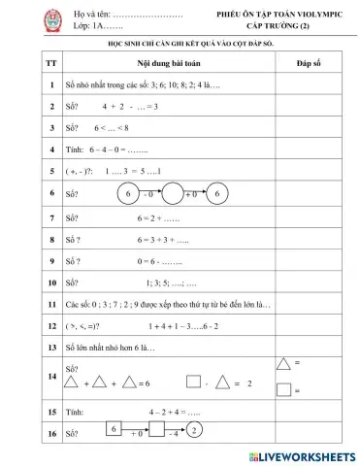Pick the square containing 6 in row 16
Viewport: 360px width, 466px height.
pyautogui.click(x=114, y=429)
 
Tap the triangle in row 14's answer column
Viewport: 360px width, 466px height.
pyautogui.click(x=283, y=364)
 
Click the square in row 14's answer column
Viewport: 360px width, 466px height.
pyautogui.click(x=283, y=390)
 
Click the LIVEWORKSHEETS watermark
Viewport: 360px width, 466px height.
pyautogui.click(x=302, y=455)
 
